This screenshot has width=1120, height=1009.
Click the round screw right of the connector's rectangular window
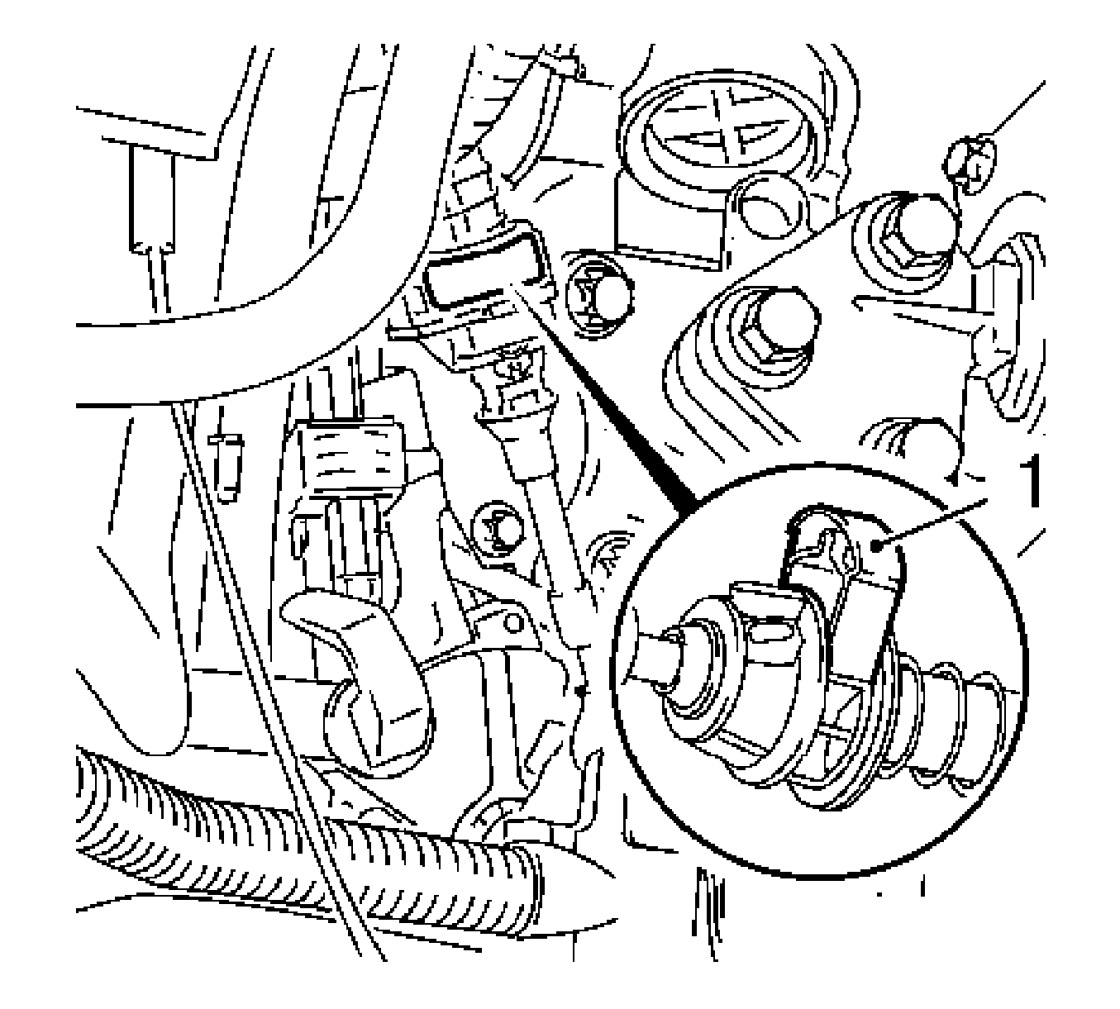[599, 301]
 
